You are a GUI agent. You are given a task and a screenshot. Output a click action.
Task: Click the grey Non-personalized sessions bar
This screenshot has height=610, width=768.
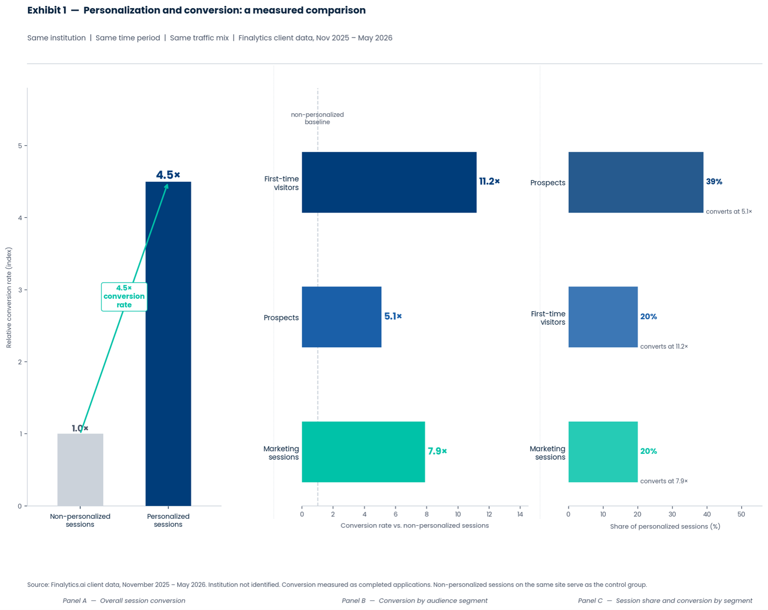click(81, 469)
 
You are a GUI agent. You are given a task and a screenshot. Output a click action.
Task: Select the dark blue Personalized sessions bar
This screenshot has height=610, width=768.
click(168, 344)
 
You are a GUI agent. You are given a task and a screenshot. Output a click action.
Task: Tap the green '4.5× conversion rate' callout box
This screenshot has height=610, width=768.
click(124, 297)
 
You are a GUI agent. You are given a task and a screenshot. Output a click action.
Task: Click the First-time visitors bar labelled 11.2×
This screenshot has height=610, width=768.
click(389, 182)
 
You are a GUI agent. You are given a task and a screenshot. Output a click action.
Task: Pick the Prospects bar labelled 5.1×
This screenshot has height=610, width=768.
click(342, 317)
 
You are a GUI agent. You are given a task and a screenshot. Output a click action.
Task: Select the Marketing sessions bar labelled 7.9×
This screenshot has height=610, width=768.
click(363, 452)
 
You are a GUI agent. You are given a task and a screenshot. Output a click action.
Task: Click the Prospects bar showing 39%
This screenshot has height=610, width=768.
click(635, 182)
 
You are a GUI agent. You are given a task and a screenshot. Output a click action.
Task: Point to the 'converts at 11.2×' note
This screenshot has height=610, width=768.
click(664, 346)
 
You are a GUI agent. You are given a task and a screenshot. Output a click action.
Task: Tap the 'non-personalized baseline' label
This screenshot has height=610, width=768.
click(317, 119)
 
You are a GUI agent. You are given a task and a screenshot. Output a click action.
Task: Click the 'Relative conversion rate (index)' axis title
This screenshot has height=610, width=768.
click(9, 298)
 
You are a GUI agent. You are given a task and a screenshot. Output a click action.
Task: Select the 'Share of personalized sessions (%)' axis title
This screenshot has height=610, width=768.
click(665, 526)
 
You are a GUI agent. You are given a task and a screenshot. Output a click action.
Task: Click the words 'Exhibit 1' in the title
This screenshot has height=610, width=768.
click(47, 10)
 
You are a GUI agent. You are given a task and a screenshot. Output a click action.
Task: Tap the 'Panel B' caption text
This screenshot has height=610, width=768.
click(353, 600)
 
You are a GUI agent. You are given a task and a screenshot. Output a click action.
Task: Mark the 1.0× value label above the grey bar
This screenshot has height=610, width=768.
click(80, 428)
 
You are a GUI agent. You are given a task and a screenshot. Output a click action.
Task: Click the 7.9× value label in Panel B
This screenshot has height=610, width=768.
click(437, 451)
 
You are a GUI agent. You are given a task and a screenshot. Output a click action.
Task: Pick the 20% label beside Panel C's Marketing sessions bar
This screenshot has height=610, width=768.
click(648, 451)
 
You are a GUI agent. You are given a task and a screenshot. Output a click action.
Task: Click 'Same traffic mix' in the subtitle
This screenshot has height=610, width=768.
click(199, 38)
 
